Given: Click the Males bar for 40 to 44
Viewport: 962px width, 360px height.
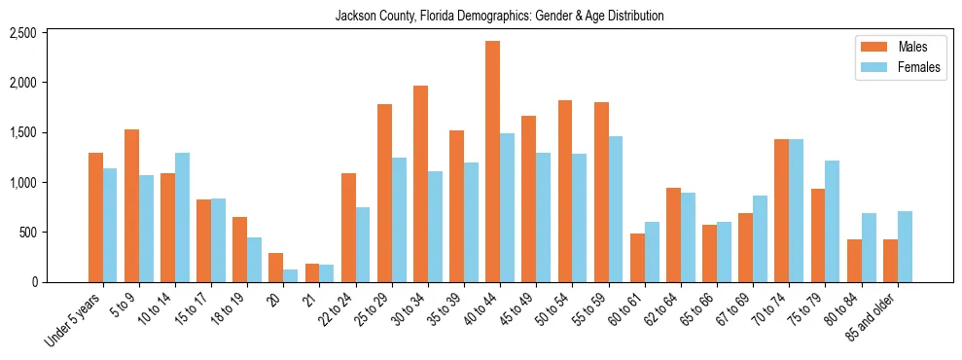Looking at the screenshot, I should point(492,162).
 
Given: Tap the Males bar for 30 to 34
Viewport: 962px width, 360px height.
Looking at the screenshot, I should point(420,184).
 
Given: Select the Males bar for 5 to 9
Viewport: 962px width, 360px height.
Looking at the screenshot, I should point(131,205).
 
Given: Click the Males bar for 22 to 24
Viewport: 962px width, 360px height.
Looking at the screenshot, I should point(348,228).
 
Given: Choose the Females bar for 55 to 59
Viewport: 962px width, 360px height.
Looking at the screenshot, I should point(616,209).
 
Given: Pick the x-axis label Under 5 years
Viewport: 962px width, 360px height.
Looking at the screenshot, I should point(75,318).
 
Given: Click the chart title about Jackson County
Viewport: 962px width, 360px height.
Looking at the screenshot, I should point(499,16).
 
